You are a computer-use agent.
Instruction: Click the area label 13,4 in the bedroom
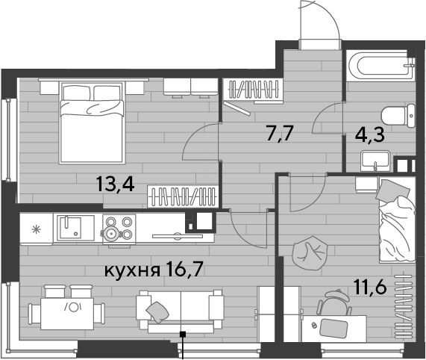(115, 184)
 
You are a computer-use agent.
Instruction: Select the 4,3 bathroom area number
(370, 134)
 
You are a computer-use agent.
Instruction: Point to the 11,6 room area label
(370, 287)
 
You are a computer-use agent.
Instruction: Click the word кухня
(132, 271)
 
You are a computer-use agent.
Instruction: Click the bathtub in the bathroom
(380, 65)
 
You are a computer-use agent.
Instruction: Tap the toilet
(398, 116)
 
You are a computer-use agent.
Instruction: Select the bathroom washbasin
(375, 161)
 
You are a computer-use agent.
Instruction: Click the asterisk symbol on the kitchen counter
(36, 230)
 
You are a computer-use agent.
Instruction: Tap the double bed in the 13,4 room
(92, 123)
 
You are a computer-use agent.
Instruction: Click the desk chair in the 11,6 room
(334, 302)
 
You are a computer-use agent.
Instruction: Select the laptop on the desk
(334, 328)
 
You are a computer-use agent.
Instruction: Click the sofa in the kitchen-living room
(180, 312)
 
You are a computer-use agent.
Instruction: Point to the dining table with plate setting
(67, 314)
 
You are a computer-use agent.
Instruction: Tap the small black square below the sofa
(184, 334)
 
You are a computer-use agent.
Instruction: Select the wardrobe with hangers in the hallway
(252, 90)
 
